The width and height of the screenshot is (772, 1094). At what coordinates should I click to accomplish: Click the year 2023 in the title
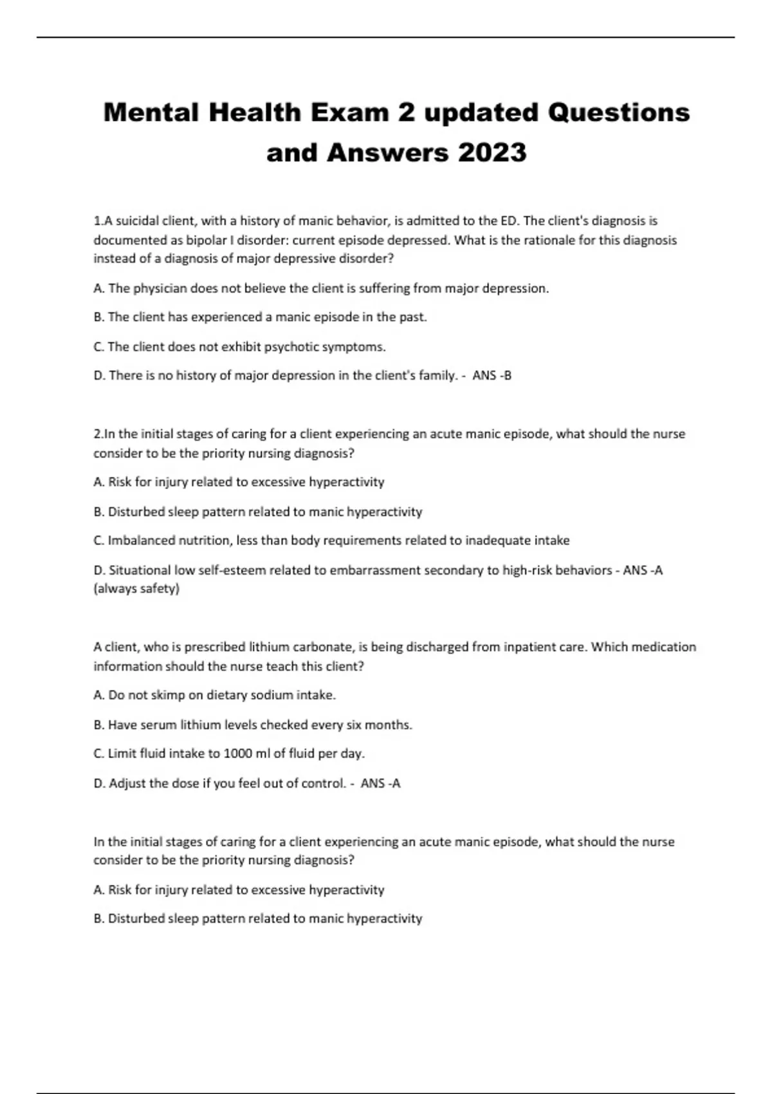(492, 153)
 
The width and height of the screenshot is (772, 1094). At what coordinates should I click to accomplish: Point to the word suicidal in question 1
(137, 221)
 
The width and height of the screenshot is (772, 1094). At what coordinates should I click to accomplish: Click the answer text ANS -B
(492, 375)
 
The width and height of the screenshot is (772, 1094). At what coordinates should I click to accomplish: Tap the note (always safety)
(136, 588)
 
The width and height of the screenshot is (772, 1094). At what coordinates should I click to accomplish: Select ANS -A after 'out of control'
(380, 783)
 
